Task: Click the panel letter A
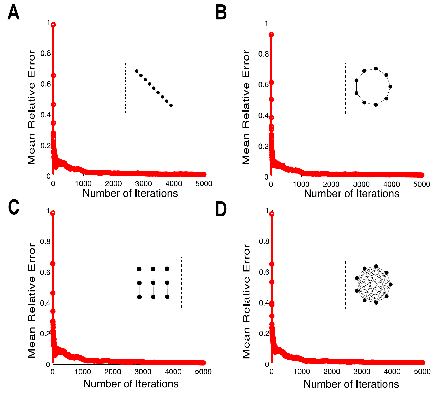coord(13,13)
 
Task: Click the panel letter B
coord(221,13)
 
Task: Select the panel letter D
coord(221,209)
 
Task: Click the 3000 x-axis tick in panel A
coord(143,184)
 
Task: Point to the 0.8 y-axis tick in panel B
coord(263,54)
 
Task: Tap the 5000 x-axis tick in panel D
coord(422,372)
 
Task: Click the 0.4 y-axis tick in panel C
coord(45,303)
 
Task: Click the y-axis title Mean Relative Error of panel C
coord(32,301)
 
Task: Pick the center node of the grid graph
coord(153,283)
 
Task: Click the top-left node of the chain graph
coord(137,71)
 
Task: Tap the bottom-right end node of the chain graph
coord(171,105)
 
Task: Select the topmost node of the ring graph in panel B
coord(376,69)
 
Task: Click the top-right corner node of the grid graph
coord(167,269)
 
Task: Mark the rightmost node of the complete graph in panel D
coord(391,284)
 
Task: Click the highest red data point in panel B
coord(271,35)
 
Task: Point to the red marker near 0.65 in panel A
coord(53,75)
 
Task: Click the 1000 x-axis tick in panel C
coord(83,372)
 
